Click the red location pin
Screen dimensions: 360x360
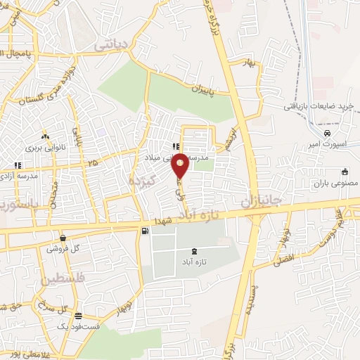click(181, 165)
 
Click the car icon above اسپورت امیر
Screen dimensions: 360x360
click(328, 133)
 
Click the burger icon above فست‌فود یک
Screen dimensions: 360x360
click(78, 316)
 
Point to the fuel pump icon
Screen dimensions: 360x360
click(145, 231)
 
